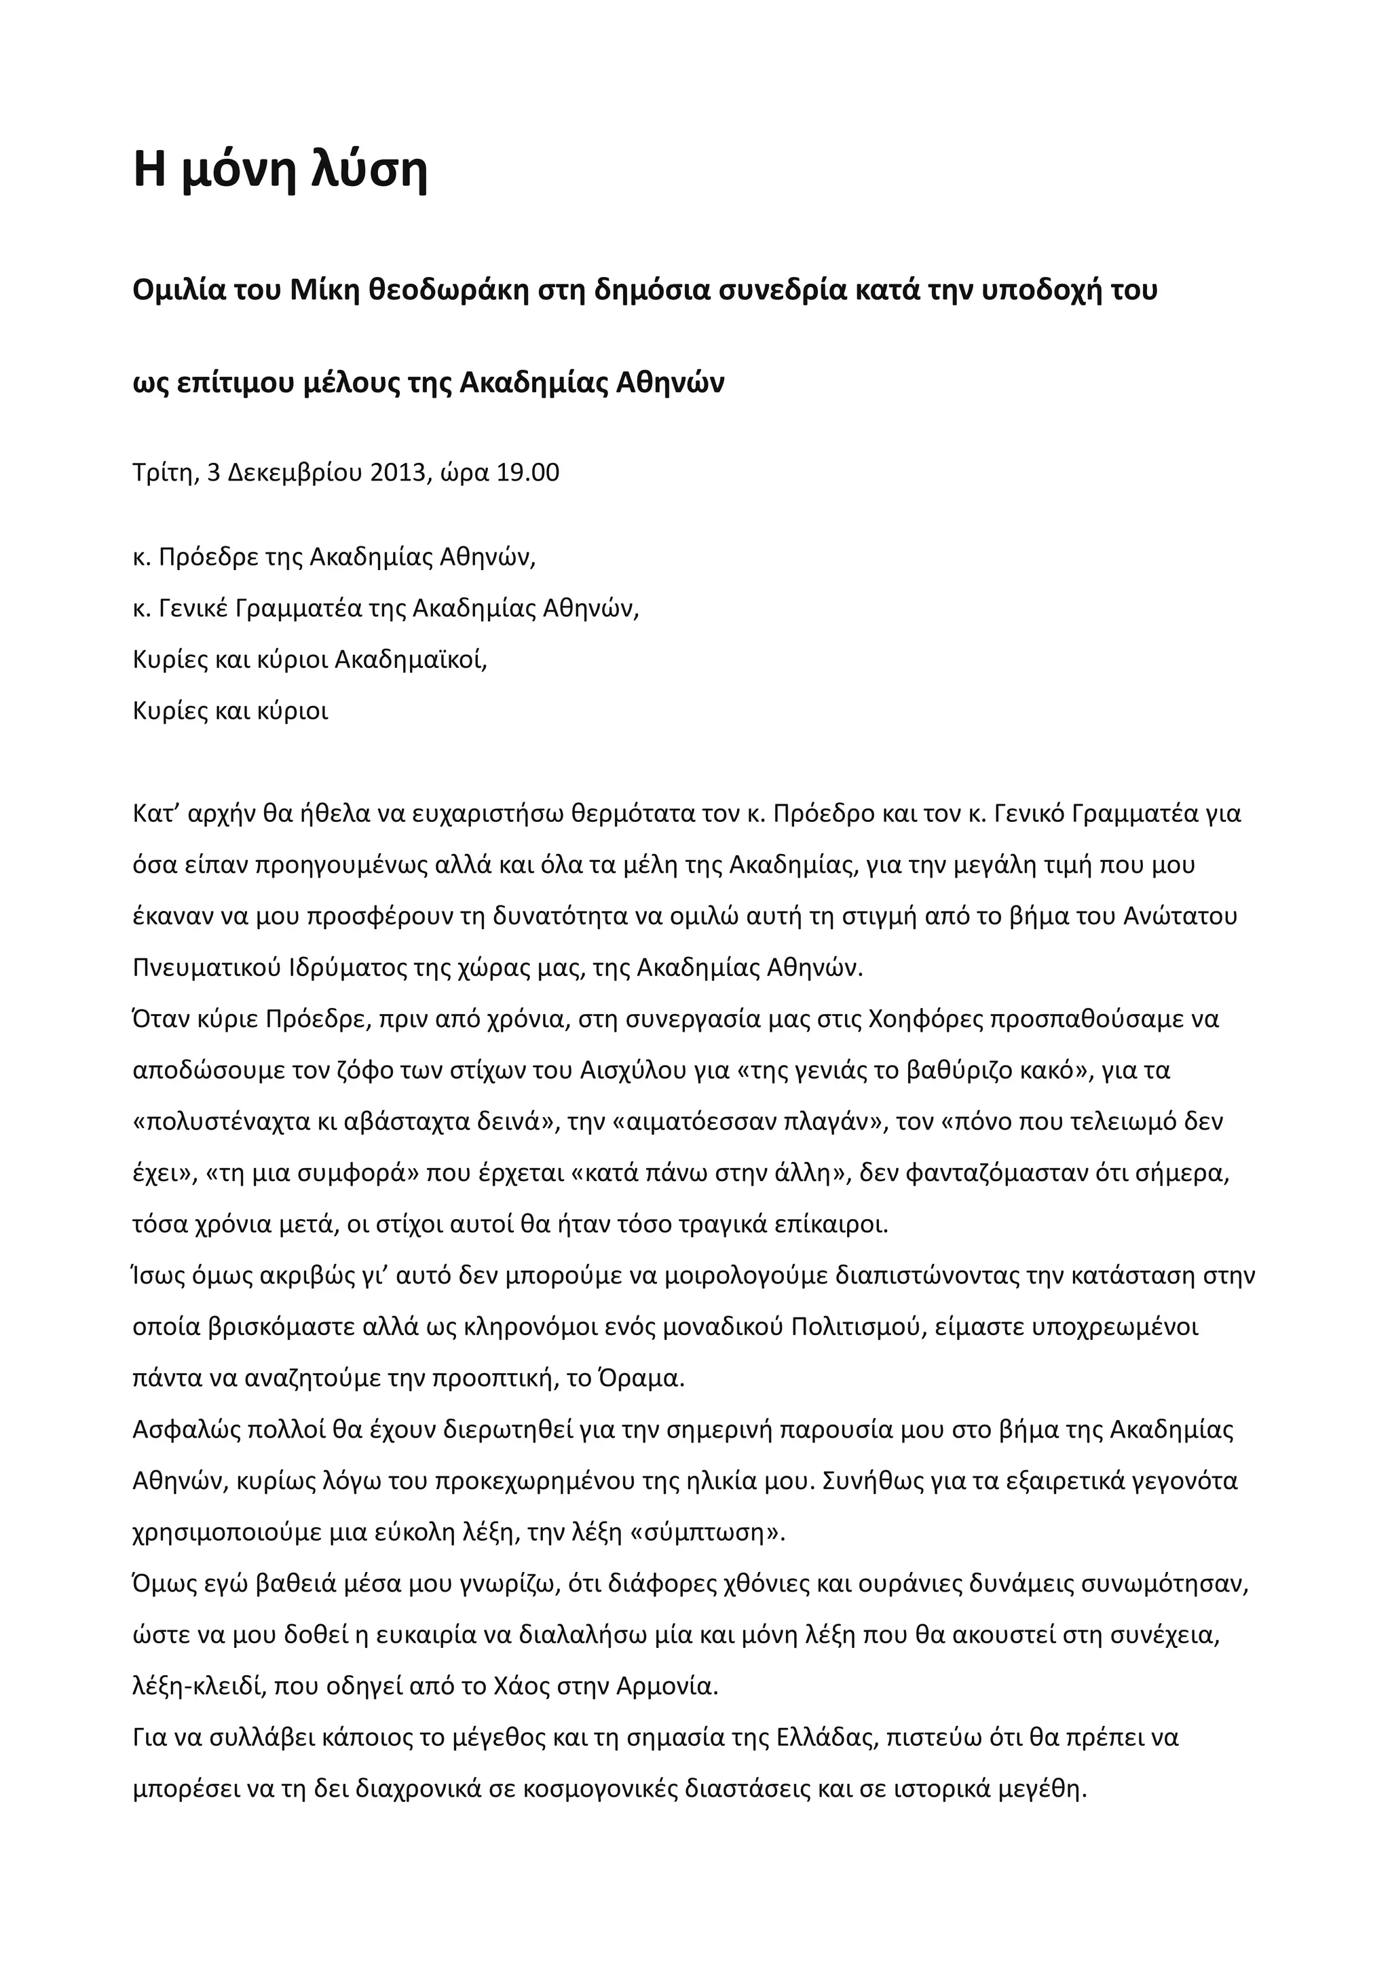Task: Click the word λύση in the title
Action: pos(357,170)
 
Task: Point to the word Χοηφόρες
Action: pos(926,1019)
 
